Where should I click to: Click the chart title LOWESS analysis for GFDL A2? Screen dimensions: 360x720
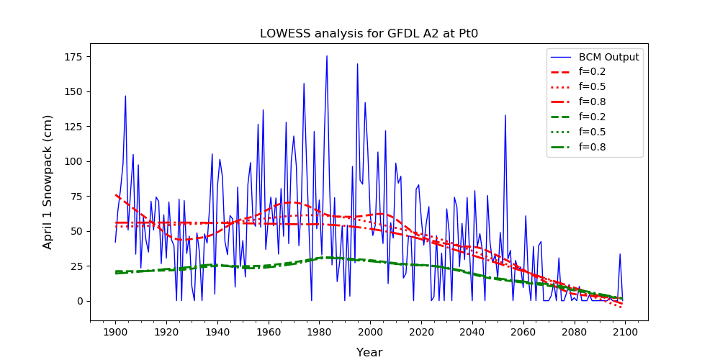tap(359, 34)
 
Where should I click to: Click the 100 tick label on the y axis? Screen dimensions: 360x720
tap(76, 161)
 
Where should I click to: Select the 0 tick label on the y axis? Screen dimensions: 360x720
tap(81, 301)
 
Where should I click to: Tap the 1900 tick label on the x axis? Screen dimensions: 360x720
tap(115, 332)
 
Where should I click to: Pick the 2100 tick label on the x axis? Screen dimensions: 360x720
tap(623, 332)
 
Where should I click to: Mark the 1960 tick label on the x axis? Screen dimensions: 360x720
tap(269, 332)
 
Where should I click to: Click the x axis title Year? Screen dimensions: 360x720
tap(369, 352)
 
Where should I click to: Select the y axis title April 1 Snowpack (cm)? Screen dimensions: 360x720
tap(48, 181)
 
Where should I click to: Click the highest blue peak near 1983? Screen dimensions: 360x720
tap(327, 56)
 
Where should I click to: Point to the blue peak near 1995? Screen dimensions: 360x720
tap(357, 64)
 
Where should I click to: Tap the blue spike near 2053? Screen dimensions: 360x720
tap(505, 115)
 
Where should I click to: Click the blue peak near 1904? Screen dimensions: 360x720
tap(125, 96)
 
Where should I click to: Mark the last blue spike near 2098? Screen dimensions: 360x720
tap(620, 254)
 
